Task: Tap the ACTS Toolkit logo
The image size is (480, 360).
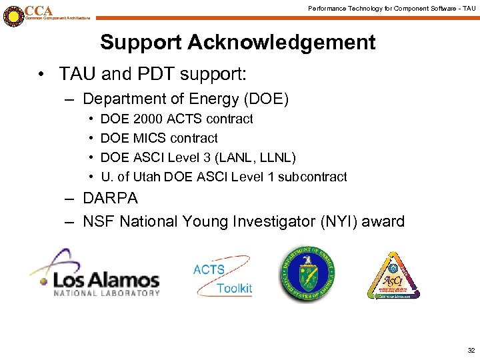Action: tap(223, 278)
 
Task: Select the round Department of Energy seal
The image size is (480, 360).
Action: tap(307, 276)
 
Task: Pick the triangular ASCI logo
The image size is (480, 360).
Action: tap(393, 277)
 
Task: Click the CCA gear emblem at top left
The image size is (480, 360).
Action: tap(13, 15)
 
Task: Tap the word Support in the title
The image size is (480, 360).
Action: tap(140, 43)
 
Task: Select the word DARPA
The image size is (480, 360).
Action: tap(110, 199)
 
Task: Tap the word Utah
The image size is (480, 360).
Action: tap(147, 177)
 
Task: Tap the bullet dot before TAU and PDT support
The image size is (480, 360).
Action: tap(42, 73)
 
